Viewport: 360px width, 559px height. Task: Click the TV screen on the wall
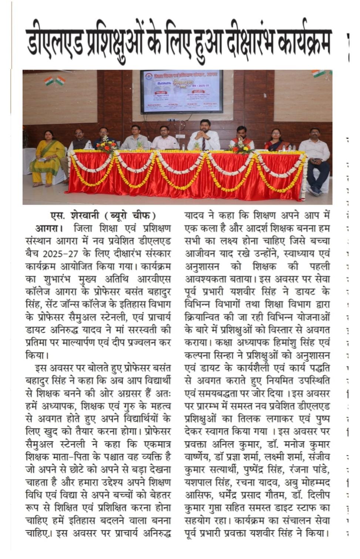point(181,91)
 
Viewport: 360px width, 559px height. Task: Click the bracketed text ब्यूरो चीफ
point(129,216)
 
